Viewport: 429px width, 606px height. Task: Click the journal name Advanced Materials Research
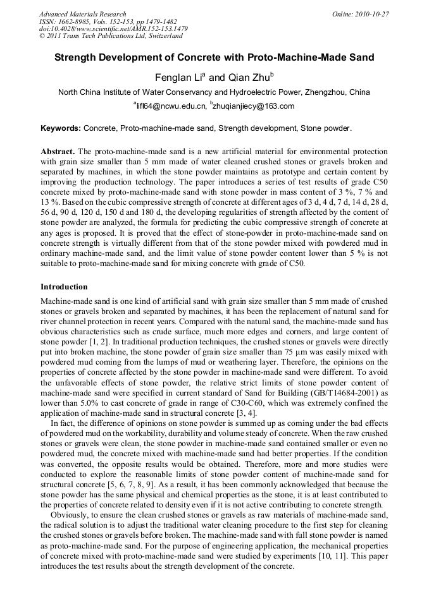[82, 14]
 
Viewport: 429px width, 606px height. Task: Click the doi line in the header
[113, 28]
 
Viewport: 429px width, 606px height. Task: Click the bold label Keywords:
[61, 128]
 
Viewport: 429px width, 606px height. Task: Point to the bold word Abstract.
[58, 152]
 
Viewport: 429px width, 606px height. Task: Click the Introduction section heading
[64, 287]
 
